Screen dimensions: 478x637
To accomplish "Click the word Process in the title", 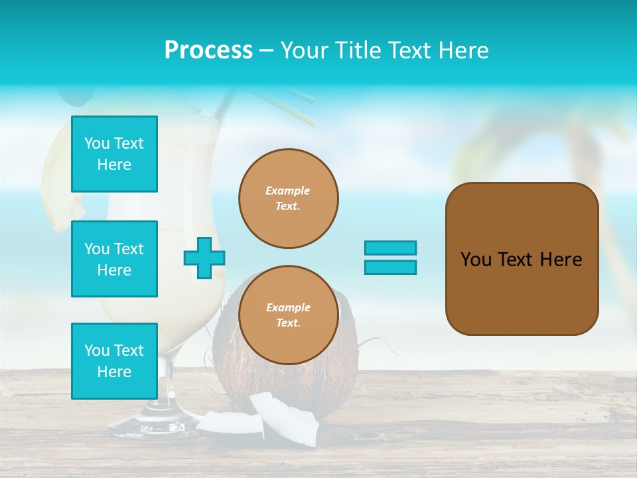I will [x=208, y=50].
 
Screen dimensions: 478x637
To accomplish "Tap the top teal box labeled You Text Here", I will [x=114, y=154].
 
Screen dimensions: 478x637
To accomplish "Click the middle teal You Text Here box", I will [x=114, y=259].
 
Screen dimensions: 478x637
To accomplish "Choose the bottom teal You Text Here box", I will [x=114, y=360].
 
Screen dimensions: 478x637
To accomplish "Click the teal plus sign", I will [x=204, y=258].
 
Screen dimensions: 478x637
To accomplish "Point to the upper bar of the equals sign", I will [x=390, y=248].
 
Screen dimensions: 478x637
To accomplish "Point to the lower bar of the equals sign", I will [x=390, y=267].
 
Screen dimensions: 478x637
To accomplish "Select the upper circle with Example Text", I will [x=288, y=199].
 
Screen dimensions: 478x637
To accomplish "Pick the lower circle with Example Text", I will [x=288, y=315].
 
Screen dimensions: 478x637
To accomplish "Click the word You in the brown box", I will [x=475, y=260].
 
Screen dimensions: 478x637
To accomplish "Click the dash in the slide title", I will [x=266, y=50].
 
